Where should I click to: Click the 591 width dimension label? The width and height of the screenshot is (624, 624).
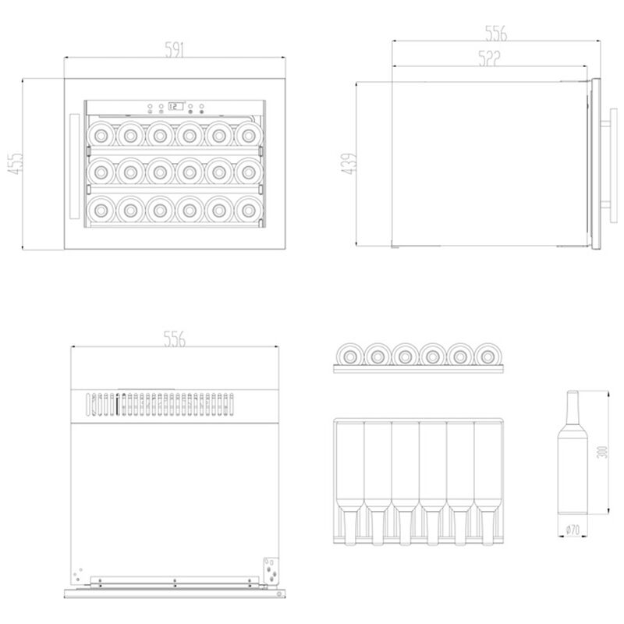[174, 50]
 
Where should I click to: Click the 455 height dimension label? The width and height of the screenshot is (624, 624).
[16, 163]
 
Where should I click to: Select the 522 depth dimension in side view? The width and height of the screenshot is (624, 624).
[489, 58]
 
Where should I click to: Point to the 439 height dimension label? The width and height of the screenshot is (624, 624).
[349, 164]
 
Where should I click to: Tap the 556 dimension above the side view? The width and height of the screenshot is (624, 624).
[496, 34]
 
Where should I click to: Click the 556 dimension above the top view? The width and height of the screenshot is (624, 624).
[174, 339]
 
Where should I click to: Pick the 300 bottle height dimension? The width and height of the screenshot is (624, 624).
[603, 452]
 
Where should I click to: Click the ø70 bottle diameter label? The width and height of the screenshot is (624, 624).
[573, 530]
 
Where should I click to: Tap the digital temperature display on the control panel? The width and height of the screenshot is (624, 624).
[175, 106]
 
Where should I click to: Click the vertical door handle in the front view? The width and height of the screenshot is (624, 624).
[74, 166]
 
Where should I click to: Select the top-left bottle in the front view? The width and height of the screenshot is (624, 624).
[101, 135]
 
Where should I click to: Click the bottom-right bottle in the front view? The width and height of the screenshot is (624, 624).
[249, 209]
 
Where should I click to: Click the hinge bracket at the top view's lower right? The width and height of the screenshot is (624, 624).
[271, 572]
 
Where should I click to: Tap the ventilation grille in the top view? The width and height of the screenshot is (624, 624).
[160, 405]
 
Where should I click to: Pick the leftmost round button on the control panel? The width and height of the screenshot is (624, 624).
[150, 106]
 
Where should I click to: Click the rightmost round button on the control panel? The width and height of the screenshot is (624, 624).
[202, 106]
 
